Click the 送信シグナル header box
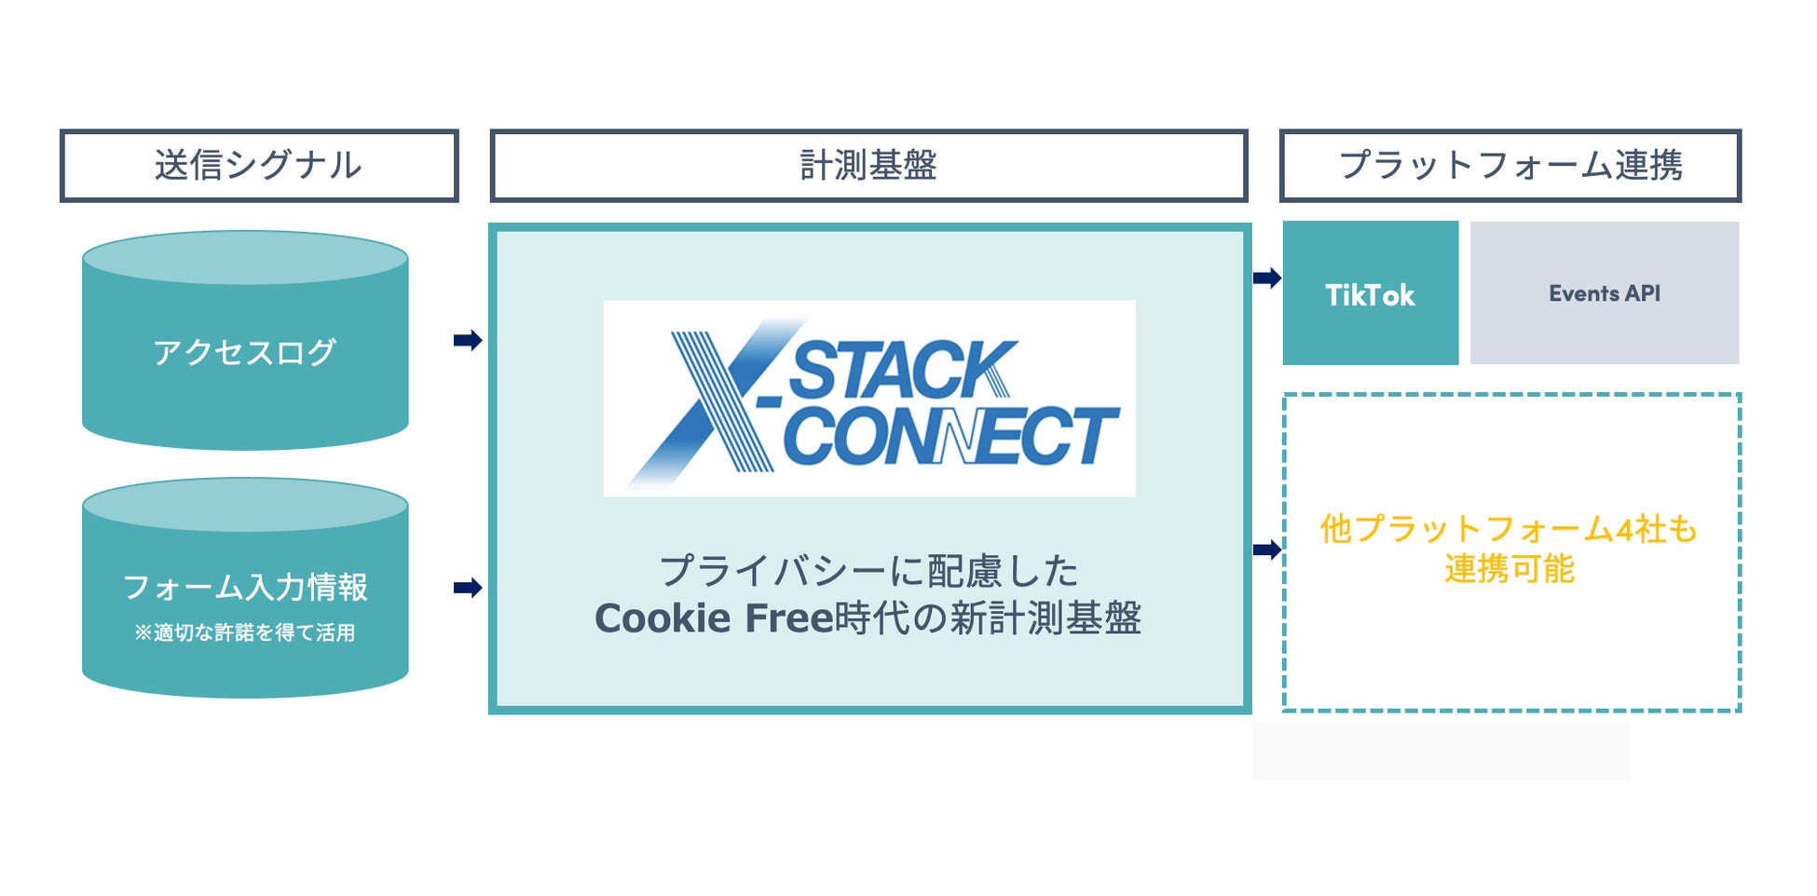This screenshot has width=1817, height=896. pyautogui.click(x=259, y=166)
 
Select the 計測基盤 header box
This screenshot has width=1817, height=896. pyautogui.click(x=868, y=166)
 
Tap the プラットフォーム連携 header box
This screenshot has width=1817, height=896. pyautogui.click(x=1510, y=166)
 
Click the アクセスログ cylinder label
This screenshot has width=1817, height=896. pyautogui.click(x=244, y=352)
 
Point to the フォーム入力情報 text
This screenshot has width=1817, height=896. pyautogui.click(x=245, y=587)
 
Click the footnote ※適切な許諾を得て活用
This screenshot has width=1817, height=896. pyautogui.click(x=245, y=633)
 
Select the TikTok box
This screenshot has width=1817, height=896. pyautogui.click(x=1370, y=294)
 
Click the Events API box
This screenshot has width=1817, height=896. pyautogui.click(x=1605, y=293)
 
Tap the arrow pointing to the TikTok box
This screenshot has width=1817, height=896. pyautogui.click(x=1267, y=278)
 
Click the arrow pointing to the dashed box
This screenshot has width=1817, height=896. pyautogui.click(x=1267, y=550)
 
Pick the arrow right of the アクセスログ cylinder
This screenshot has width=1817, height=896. pyautogui.click(x=468, y=340)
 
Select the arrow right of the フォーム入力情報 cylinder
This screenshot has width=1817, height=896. pyautogui.click(x=468, y=588)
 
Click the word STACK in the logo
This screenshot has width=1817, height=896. pyautogui.click(x=902, y=370)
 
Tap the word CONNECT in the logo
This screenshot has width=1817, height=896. pyautogui.click(x=950, y=436)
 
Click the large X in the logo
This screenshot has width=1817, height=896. pyautogui.click(x=717, y=400)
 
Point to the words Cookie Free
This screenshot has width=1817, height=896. pyautogui.click(x=713, y=618)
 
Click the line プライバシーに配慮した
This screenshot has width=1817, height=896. pyautogui.click(x=868, y=571)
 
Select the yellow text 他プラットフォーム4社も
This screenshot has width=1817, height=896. pyautogui.click(x=1510, y=529)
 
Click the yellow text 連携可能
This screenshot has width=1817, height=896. pyautogui.click(x=1510, y=569)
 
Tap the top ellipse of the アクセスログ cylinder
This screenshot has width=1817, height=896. pyautogui.click(x=245, y=258)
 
